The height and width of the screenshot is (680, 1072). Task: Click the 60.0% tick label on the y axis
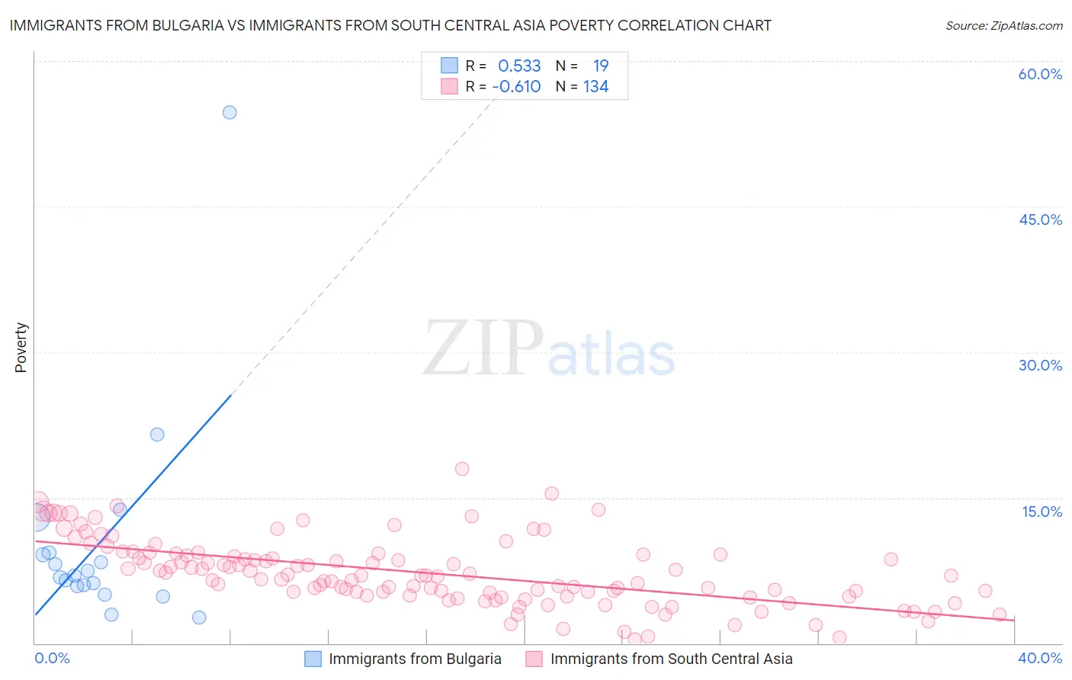(1040, 74)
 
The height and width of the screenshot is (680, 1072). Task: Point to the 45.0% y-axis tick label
(1040, 220)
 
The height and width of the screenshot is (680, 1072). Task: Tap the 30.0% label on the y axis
(1040, 365)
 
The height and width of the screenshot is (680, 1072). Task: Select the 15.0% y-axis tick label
(1042, 512)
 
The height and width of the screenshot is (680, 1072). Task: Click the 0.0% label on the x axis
(52, 658)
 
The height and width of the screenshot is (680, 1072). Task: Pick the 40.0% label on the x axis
(1040, 658)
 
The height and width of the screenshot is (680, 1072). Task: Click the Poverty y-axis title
(21, 348)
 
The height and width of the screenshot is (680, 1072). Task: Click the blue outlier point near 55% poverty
(229, 112)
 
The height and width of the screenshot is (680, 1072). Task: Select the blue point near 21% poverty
(157, 435)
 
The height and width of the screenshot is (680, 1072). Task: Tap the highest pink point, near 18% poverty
(462, 469)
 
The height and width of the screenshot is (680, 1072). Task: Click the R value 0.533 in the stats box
(519, 66)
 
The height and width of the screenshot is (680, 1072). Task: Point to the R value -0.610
(516, 87)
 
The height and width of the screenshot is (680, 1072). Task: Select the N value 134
(595, 87)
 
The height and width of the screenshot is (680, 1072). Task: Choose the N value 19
(601, 66)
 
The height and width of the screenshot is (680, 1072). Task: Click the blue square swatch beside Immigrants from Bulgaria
(313, 659)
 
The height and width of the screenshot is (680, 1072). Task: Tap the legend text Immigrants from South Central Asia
(671, 659)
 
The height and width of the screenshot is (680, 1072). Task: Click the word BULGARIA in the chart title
(188, 25)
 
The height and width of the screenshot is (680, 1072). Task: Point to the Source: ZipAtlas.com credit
(1003, 25)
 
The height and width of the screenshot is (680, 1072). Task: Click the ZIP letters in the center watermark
(483, 348)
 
